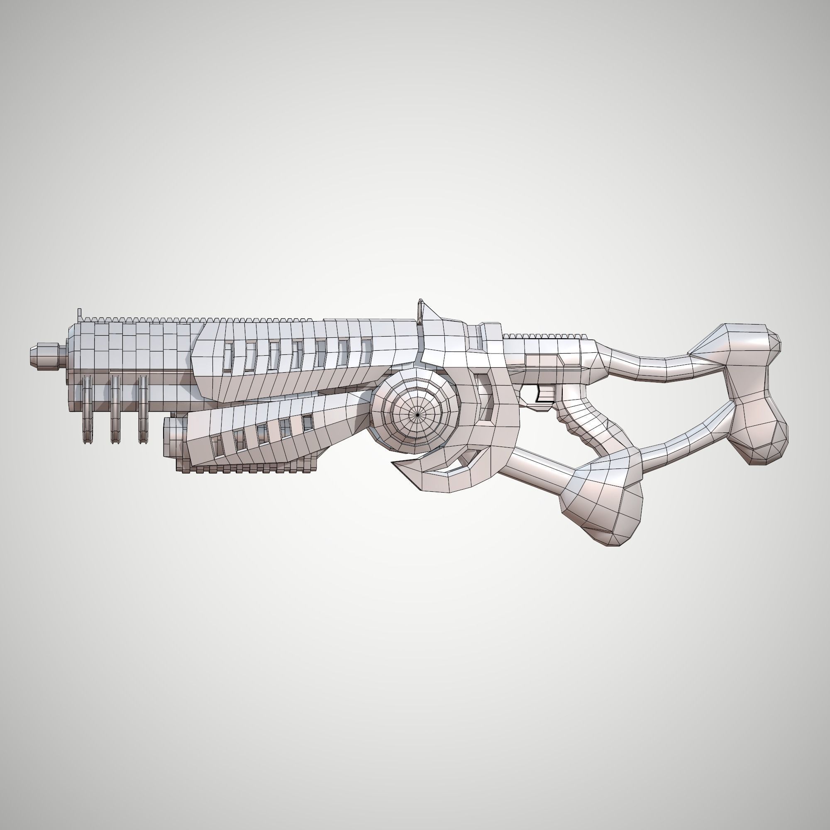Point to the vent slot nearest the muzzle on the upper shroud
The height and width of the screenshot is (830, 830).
click(228, 357)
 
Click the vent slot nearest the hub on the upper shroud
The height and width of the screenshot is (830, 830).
click(366, 351)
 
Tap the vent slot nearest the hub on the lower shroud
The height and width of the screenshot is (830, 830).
click(307, 423)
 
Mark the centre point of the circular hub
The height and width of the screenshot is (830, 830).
click(417, 415)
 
